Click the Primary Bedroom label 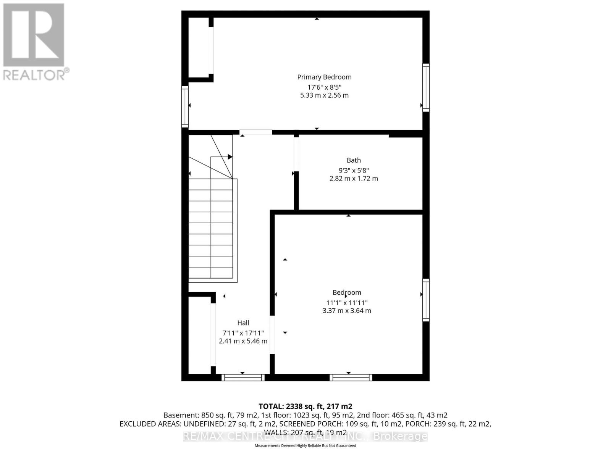point(324,77)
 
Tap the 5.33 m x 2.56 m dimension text point(324,95)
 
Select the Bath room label point(354,160)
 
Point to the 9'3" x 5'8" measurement point(354,170)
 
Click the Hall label point(243,323)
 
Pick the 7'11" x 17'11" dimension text point(243,333)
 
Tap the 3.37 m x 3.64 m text point(347,311)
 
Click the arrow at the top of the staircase point(230,157)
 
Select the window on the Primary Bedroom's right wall point(426,88)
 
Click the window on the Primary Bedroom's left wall point(185,107)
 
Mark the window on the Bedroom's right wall point(426,300)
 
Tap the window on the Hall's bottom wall point(243,377)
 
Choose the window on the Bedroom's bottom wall point(351,377)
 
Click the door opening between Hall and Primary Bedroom point(256,132)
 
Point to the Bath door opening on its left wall point(296,154)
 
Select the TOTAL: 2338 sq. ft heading point(305,406)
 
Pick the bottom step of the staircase point(211,273)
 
